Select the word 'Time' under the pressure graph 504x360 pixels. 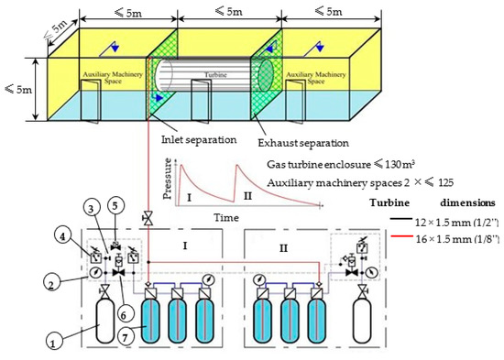[x=229, y=220]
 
